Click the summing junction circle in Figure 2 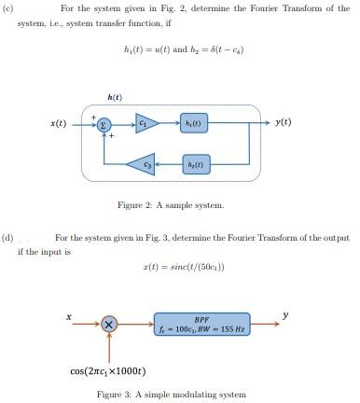[104, 123]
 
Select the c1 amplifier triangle [145, 123]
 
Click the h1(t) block [194, 123]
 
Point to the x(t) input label [58, 123]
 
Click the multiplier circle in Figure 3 [109, 325]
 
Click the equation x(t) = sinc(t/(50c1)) [183, 268]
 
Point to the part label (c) [8, 8]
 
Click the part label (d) [8, 238]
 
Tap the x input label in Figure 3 [69, 316]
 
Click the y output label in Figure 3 [286, 314]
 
